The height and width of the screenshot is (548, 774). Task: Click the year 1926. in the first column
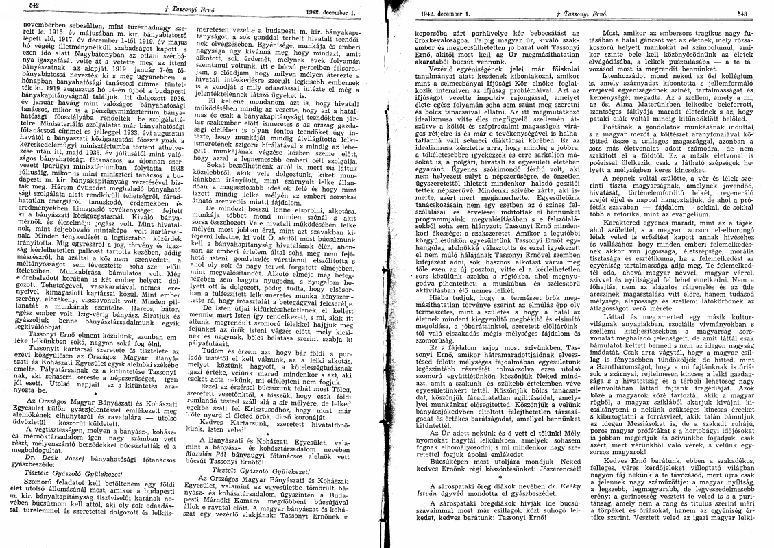177,97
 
